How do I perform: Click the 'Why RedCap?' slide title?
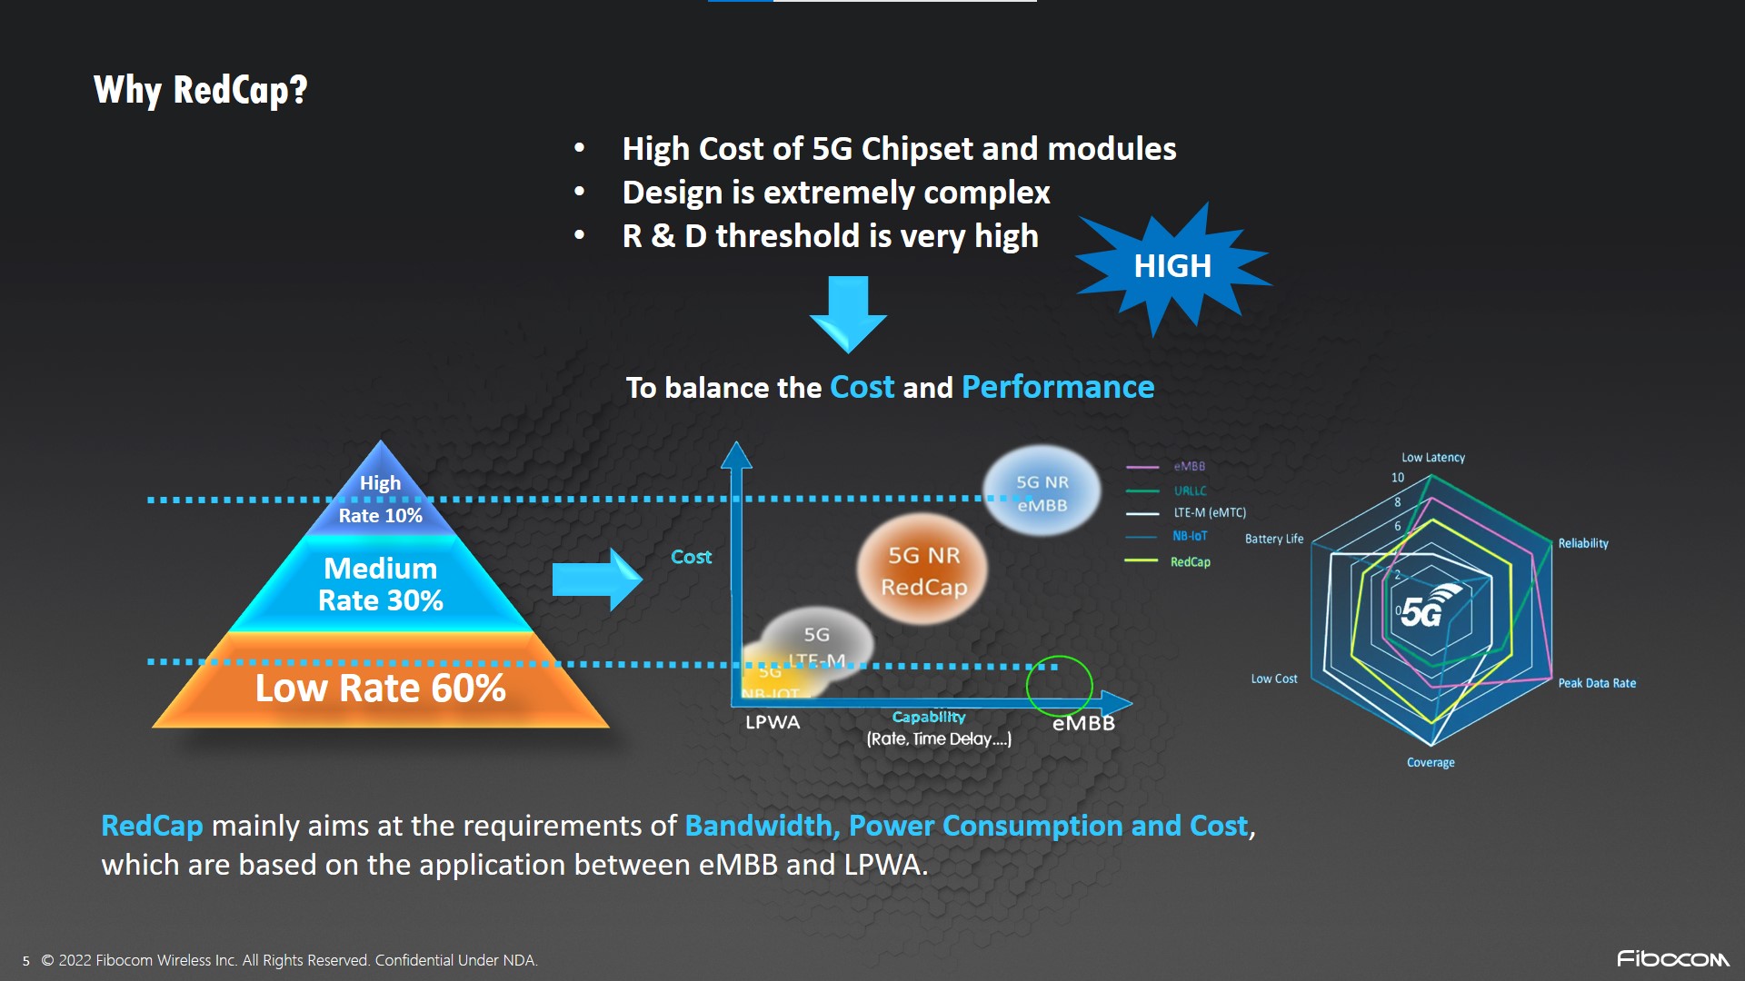point(201,90)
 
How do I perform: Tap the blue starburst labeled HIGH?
point(1172,266)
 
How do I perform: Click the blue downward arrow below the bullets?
point(848,314)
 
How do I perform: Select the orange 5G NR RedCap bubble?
point(922,570)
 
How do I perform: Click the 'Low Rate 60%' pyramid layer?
point(380,688)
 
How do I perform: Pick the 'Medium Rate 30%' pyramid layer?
point(380,584)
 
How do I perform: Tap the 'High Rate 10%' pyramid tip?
point(380,498)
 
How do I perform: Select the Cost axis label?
point(691,557)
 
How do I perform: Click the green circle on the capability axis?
point(1059,687)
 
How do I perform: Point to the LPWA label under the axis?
point(773,722)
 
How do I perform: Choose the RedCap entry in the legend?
point(1190,562)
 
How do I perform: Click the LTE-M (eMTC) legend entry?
point(1209,513)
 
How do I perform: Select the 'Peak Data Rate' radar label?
point(1596,683)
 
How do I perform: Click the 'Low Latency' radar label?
point(1432,458)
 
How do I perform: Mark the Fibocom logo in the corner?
point(1672,958)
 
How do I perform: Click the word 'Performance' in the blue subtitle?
point(1057,388)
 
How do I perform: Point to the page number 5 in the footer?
point(26,961)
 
